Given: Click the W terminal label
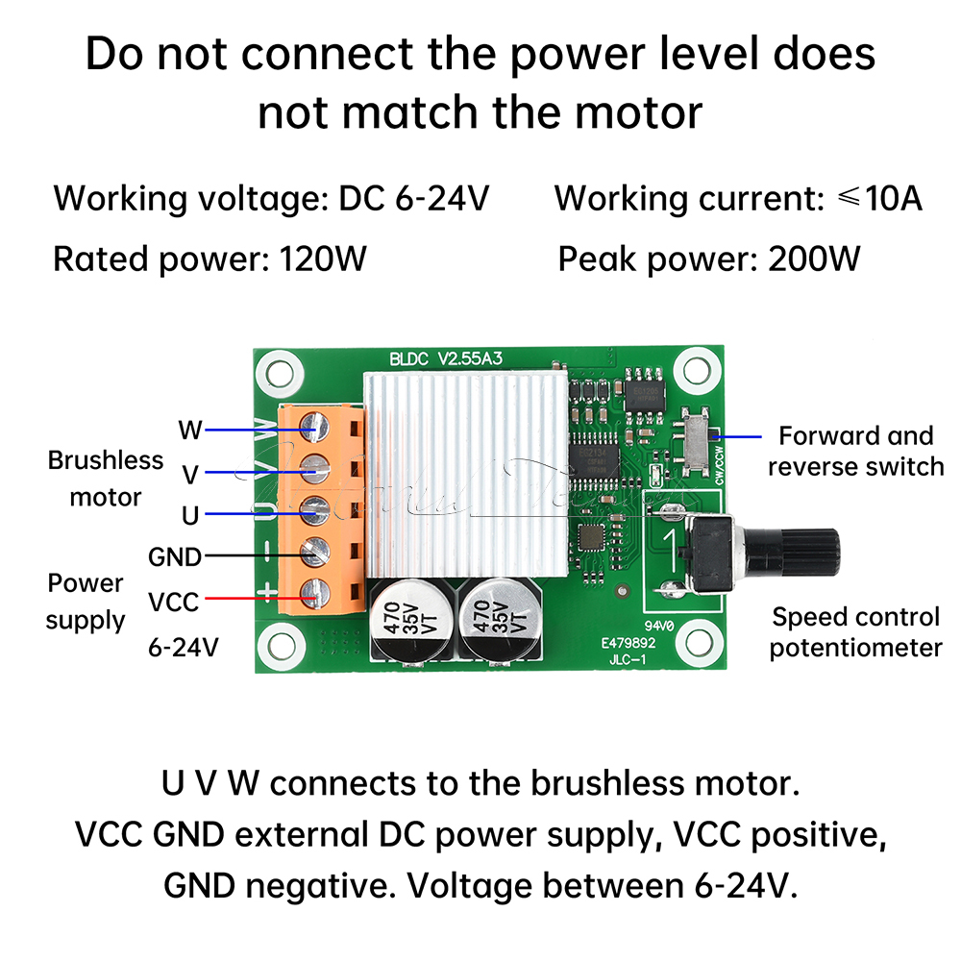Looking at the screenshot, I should (191, 428).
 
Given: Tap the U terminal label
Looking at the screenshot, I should (190, 515).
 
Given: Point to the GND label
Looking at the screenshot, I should (175, 556).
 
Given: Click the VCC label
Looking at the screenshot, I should (173, 603).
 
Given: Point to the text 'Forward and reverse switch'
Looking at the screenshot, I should (855, 451).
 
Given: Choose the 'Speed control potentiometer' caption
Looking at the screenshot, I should (855, 631).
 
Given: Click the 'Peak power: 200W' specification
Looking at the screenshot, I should (709, 259).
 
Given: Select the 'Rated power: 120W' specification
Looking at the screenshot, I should (209, 259).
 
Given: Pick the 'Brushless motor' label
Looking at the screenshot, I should (106, 478).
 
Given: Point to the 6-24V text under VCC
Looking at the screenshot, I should (184, 647).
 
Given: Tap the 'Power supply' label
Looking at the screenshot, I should (86, 601).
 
